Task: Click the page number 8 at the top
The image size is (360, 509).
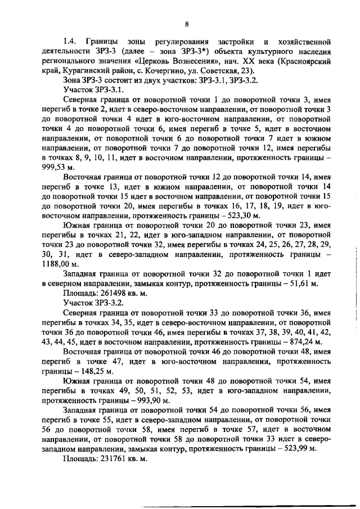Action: click(186, 24)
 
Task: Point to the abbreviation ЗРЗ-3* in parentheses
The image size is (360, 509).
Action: click(188, 51)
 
